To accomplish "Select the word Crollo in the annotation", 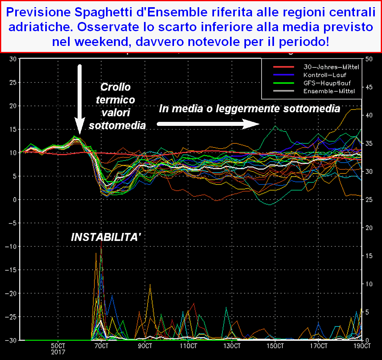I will tap(116, 87).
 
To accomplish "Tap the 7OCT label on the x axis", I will tap(101, 345).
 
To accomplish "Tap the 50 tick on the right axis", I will tap(369, 59).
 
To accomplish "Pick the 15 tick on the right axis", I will tap(368, 256).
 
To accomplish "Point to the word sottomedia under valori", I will tap(117, 125).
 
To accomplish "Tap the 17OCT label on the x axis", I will tap(319, 345).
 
